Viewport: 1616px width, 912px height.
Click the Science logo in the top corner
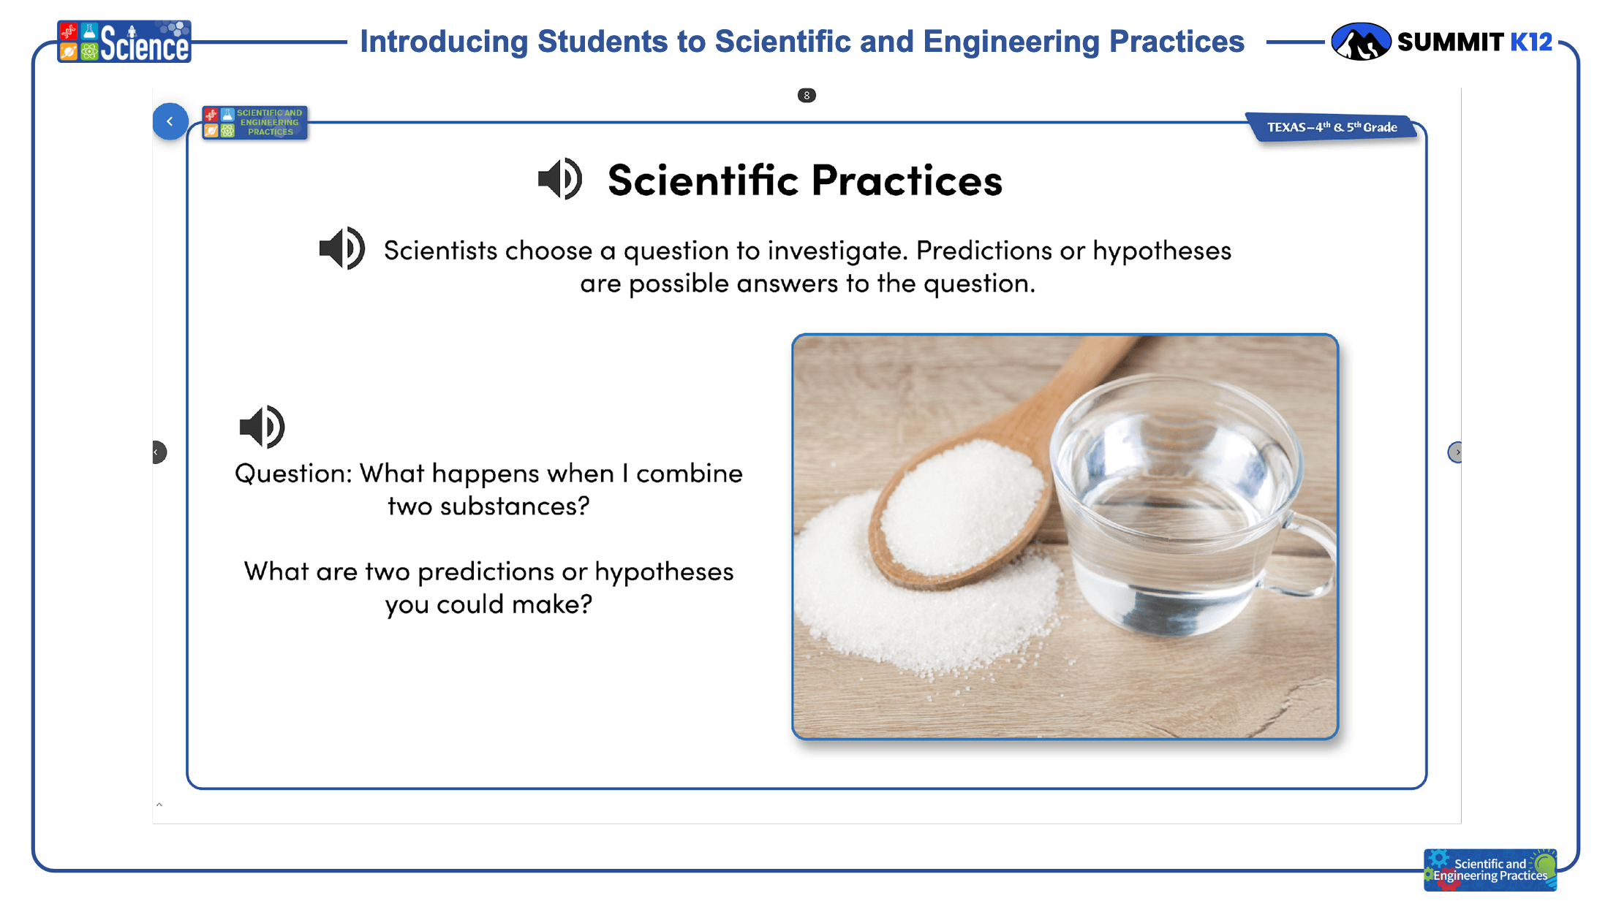124,42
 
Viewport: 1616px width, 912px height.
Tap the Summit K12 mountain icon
1360,41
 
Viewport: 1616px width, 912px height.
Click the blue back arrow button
170,121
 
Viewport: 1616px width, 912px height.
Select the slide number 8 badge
807,96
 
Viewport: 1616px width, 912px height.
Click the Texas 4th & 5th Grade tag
1332,127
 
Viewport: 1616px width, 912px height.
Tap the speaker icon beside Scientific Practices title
560,179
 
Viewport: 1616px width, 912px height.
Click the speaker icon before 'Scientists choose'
342,248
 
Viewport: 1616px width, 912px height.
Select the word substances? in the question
515,506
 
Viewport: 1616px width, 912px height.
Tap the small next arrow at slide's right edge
1455,452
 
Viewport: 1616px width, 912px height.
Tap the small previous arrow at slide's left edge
159,452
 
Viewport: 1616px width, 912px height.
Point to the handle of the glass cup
1309,555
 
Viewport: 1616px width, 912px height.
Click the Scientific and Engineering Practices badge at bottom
1490,870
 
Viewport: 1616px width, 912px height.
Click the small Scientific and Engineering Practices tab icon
255,122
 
